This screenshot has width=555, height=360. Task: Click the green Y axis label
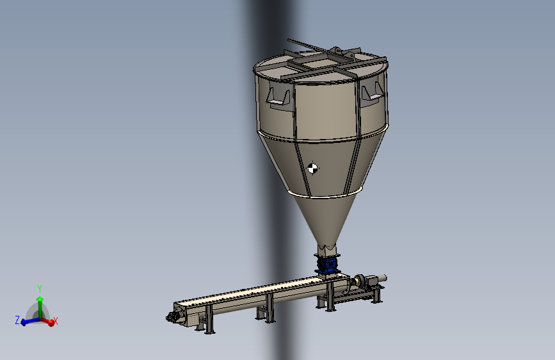coord(40,288)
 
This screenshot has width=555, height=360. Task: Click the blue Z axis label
coord(17,320)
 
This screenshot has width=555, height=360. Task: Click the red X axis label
coord(56,321)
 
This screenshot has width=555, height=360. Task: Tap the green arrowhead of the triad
coord(40,299)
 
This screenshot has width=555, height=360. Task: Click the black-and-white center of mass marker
coord(312,168)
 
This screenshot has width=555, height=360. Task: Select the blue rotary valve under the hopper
coord(327,264)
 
